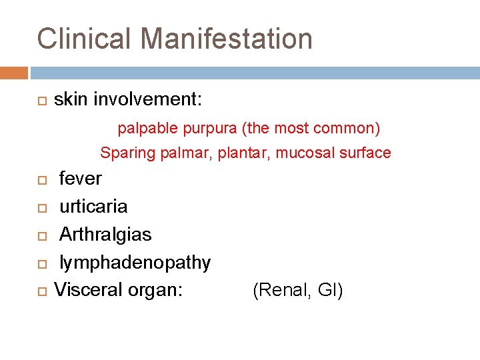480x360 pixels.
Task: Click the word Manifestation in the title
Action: coord(226,39)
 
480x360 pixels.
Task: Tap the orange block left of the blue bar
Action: coord(14,73)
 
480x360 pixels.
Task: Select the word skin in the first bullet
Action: coord(71,100)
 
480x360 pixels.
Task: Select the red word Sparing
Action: coord(127,153)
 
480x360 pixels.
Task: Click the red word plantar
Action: coord(249,153)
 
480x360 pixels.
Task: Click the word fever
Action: coord(81,179)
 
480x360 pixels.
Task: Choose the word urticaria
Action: coord(93,207)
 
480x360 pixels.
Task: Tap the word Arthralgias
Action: coord(105,235)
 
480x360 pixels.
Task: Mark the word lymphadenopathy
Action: coord(135,263)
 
